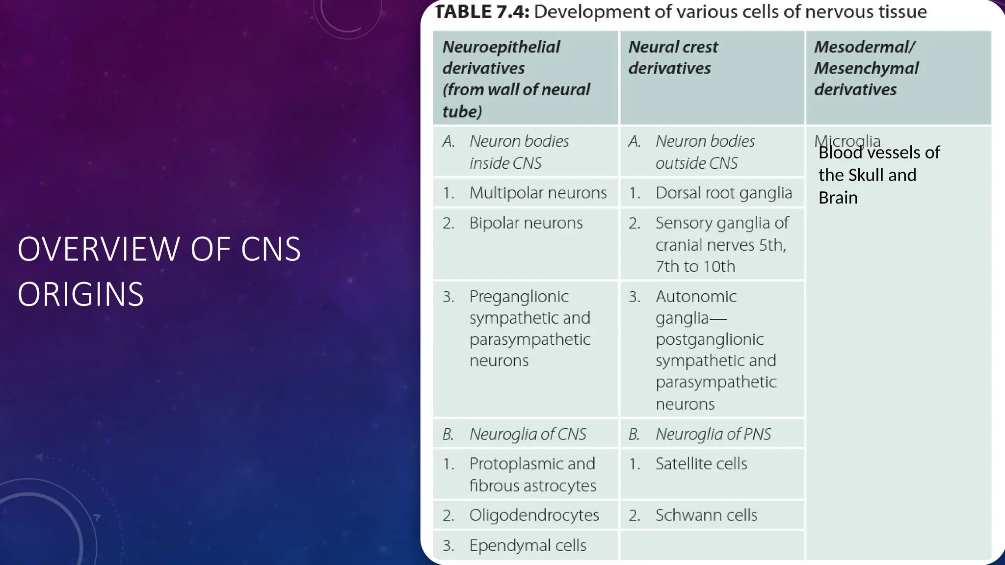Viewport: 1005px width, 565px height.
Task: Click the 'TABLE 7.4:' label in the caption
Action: pos(482,12)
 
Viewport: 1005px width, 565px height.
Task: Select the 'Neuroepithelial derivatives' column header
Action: pos(516,78)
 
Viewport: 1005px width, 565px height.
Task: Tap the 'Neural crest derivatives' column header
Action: pos(673,57)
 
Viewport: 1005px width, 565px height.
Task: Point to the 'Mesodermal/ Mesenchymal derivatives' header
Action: pos(866,68)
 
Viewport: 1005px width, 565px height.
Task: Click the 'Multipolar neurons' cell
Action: pos(538,193)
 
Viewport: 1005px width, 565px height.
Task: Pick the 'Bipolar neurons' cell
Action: pos(526,223)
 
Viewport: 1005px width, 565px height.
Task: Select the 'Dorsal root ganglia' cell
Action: pos(723,193)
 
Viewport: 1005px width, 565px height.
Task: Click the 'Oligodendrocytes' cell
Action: pos(534,515)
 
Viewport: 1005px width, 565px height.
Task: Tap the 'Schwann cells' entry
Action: pos(706,515)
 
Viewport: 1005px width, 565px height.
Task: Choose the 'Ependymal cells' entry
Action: pos(528,545)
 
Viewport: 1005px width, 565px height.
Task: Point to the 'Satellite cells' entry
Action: pos(701,464)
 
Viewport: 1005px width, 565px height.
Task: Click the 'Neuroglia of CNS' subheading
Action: pos(528,434)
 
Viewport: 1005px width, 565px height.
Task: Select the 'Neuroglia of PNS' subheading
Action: pos(713,434)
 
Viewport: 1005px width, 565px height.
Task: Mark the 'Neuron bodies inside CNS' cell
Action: pos(519,152)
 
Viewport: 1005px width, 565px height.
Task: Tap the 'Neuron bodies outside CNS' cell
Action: pos(705,152)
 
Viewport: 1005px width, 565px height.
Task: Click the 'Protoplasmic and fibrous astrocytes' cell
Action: pos(532,475)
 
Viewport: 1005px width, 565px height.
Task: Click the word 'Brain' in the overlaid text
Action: pos(838,198)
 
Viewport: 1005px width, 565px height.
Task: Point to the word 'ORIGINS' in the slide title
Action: pos(80,294)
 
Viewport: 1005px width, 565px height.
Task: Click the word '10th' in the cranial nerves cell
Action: pos(720,266)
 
